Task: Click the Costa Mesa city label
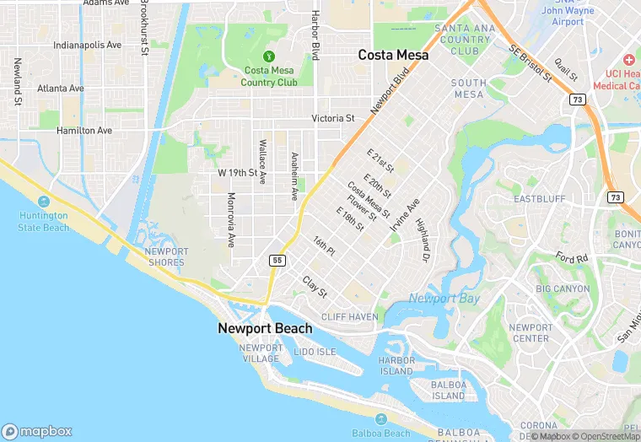click(x=393, y=55)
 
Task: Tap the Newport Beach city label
click(x=265, y=328)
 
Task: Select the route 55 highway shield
click(x=277, y=261)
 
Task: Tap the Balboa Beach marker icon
click(x=381, y=419)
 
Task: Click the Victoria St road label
click(x=333, y=119)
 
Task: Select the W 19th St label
click(x=237, y=172)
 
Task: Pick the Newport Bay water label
click(x=444, y=298)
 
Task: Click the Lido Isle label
click(x=315, y=351)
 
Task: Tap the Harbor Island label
click(x=396, y=365)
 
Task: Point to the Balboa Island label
click(x=449, y=390)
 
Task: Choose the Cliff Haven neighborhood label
click(x=350, y=316)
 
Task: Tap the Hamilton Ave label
click(x=84, y=131)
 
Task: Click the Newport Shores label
click(x=166, y=256)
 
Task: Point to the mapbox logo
click(x=37, y=430)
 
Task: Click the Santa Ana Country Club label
click(x=463, y=40)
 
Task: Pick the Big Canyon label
click(x=563, y=288)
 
